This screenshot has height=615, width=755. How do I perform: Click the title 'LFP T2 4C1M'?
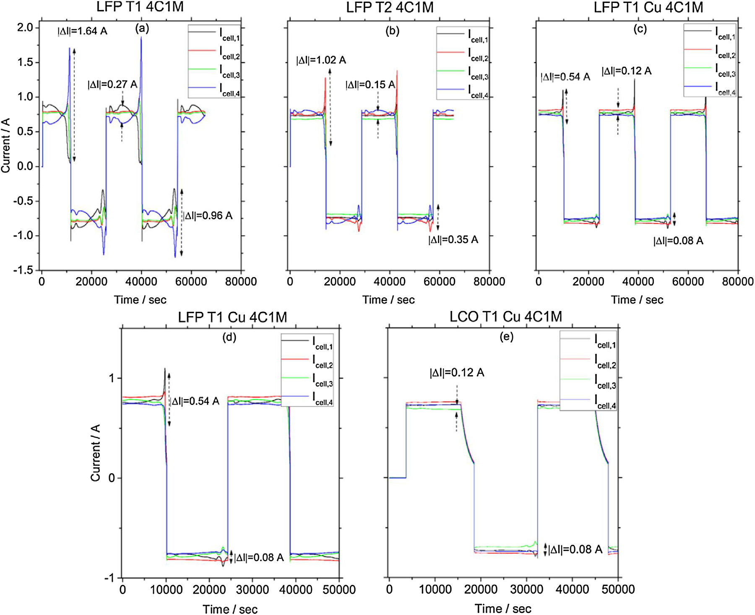tap(390, 8)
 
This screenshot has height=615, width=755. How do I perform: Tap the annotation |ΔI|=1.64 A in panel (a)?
tap(82, 31)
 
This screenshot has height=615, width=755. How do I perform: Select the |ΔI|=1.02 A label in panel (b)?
tap(321, 60)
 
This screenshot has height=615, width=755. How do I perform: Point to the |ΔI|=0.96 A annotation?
tap(208, 216)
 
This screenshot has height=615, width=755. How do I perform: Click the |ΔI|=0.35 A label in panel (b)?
tap(453, 240)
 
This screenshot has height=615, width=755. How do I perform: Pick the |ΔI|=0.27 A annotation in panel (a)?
tap(112, 85)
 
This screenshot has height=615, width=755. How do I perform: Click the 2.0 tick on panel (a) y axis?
tap(25, 28)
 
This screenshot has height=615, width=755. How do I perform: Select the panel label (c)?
tap(640, 29)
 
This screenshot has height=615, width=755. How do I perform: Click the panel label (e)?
tap(506, 337)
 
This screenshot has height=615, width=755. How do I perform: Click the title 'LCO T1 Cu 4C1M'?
tap(505, 317)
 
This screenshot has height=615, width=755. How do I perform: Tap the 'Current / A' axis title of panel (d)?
tap(96, 452)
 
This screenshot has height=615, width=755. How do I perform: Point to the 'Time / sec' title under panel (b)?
tap(388, 300)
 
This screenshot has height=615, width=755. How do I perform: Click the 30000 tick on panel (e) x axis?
tap(527, 589)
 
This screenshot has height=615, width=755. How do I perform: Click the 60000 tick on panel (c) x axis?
tap(688, 282)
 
